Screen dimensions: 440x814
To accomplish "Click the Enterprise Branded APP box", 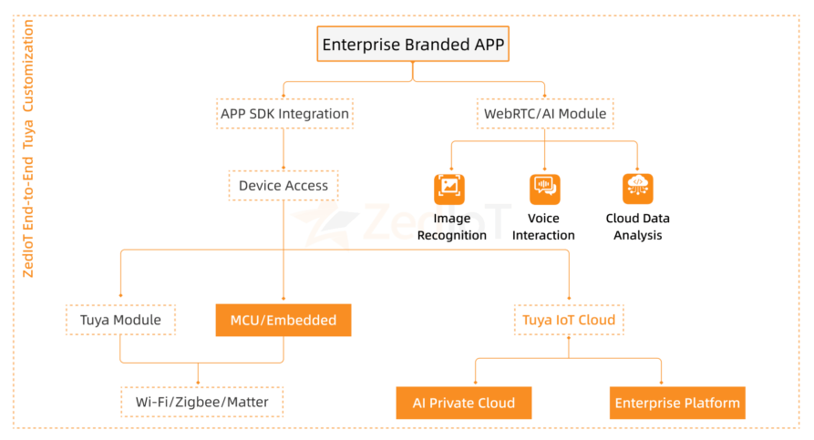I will tap(412, 43).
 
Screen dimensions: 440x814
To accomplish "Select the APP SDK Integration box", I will tap(284, 114).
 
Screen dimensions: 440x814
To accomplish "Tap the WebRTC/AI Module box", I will tap(544, 114).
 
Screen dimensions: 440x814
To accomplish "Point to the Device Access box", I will tap(283, 186).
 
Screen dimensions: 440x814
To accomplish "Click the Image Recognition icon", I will tap(448, 189).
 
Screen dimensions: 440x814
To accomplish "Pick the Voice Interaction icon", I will tap(544, 189).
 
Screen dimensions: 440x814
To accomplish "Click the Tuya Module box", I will tap(120, 320).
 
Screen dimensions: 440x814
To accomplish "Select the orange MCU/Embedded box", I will tap(283, 320).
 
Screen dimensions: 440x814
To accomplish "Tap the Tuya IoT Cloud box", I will tap(568, 320).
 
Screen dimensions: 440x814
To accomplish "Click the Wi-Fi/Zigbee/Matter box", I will tap(201, 401).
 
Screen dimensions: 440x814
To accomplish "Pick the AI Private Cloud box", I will tap(463, 403).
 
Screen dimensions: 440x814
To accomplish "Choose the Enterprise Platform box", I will tap(677, 403).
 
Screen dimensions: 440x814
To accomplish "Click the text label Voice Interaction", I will tap(544, 227).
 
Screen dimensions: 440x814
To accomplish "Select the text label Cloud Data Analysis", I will tap(637, 227).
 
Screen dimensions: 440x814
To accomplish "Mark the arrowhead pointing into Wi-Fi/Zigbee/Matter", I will tap(199, 383).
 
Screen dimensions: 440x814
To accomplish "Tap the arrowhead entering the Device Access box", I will tap(283, 168).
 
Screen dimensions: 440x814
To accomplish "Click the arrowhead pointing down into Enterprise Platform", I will tap(662, 383).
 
